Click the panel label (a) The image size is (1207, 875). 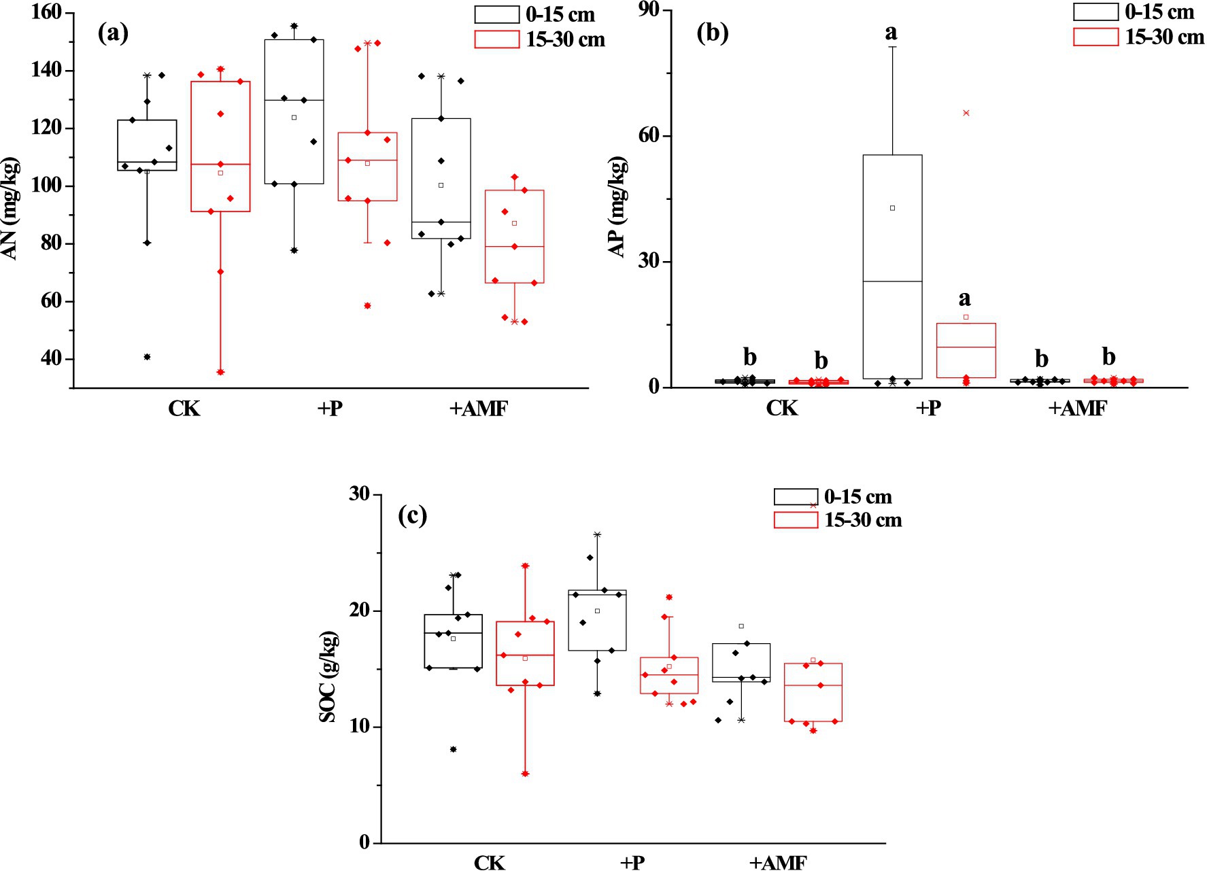point(113,33)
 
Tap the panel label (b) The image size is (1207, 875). point(712,33)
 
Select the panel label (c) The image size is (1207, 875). point(412,516)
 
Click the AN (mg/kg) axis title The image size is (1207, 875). point(11,209)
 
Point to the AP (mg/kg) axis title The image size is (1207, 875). point(617,207)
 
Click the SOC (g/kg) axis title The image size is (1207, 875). point(328,676)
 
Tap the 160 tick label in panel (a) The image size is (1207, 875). point(46,13)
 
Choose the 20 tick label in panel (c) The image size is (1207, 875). point(360,611)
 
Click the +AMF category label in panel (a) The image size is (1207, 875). point(478,409)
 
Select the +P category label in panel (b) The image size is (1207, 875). point(928,409)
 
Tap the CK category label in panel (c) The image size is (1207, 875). point(489,863)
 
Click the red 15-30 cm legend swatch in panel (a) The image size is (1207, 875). point(496,39)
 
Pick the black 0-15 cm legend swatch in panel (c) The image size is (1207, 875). point(796,496)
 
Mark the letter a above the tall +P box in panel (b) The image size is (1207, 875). point(891,32)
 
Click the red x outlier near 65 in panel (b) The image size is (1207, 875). point(966,113)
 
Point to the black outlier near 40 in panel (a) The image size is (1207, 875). point(147,357)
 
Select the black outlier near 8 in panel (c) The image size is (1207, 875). point(453,749)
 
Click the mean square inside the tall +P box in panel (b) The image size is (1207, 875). point(892,208)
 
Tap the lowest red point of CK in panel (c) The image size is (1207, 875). point(525,774)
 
